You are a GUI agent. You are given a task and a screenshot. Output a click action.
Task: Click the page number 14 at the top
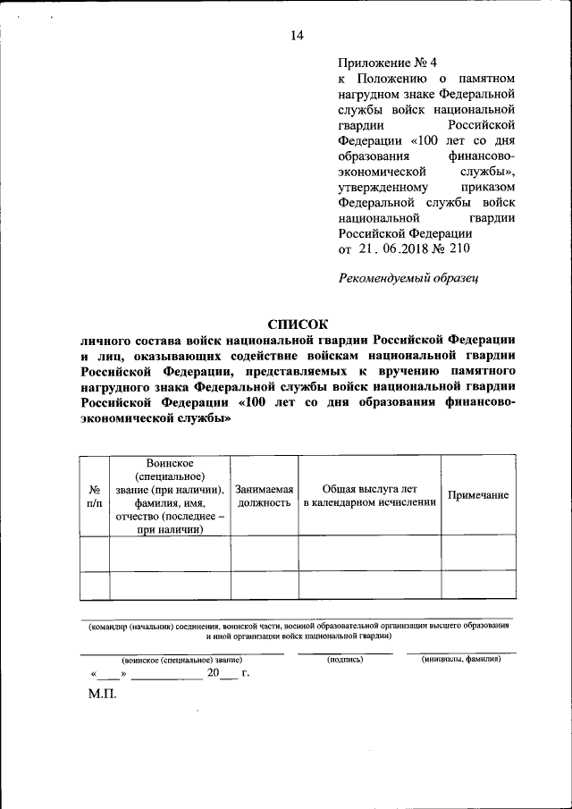point(297,36)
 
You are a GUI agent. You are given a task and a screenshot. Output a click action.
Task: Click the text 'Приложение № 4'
point(388,63)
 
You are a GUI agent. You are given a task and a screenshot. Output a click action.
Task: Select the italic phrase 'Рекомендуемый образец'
point(408,278)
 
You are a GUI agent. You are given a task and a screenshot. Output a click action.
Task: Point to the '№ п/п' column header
point(94,496)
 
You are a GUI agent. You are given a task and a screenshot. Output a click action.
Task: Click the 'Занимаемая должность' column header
point(264,496)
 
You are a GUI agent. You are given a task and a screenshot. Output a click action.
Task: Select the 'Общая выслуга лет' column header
point(369,496)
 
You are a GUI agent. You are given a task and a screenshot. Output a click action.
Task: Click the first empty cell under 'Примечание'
point(478,553)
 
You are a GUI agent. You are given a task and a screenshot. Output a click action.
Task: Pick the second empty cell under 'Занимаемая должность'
point(264,585)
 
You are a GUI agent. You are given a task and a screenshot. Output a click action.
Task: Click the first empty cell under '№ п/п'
point(94,553)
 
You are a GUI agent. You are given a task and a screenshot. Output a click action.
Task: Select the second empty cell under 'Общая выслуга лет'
point(369,585)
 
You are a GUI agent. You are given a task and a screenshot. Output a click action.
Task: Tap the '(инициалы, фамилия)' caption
point(461,659)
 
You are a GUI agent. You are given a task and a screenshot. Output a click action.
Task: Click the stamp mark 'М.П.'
point(102,694)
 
